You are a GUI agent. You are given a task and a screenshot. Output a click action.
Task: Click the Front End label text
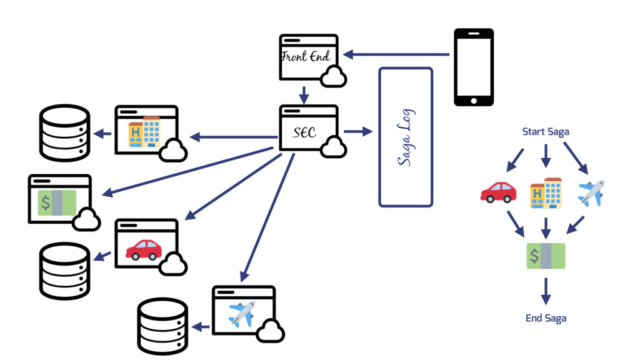304,57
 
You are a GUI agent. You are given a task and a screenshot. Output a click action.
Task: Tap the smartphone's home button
473,101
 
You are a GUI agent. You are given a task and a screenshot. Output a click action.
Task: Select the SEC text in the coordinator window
304,132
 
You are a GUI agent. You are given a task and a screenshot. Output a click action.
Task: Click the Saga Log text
406,137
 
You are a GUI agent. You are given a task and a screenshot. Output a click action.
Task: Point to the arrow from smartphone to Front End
396,55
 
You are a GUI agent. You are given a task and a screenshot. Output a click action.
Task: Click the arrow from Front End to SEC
304,95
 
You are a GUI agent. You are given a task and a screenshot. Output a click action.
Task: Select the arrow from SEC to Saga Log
357,132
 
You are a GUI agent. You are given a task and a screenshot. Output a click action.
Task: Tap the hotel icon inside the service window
144,131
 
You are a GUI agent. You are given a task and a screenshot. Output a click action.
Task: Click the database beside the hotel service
65,132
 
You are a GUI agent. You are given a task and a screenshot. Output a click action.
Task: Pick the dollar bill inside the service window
57,202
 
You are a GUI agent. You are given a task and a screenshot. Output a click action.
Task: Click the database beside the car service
65,270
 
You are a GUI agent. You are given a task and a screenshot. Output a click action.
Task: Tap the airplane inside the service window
242,314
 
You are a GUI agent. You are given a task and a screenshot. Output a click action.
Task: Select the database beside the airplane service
162,326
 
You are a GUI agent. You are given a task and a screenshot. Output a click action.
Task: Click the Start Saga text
546,132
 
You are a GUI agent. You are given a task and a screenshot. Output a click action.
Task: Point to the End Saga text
546,318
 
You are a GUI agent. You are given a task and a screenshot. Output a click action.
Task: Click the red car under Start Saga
498,192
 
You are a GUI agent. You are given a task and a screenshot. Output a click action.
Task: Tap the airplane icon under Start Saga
591,192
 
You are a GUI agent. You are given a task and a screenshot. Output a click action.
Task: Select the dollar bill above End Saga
546,256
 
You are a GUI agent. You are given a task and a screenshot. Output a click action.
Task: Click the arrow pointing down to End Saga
546,291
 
